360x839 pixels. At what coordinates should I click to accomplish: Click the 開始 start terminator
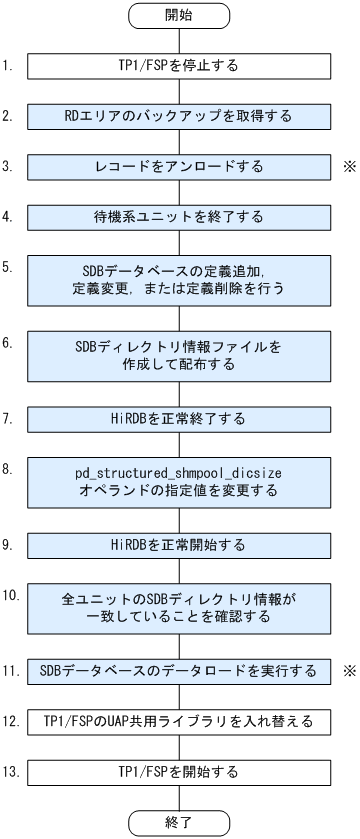pos(180,17)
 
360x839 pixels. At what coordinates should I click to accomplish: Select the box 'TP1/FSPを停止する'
pos(180,67)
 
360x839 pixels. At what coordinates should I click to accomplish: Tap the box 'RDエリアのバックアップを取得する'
pos(180,116)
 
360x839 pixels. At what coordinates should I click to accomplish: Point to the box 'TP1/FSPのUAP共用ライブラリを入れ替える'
pos(180,721)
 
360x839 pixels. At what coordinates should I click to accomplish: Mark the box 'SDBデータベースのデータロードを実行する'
pos(180,671)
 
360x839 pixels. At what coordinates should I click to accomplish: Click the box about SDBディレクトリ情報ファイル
pos(180,354)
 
